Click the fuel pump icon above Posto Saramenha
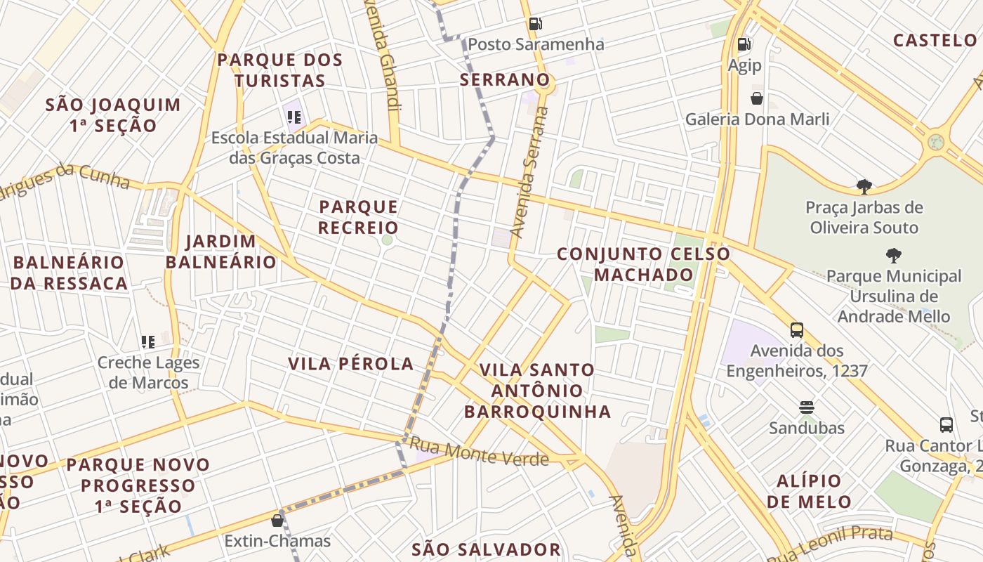click(x=535, y=24)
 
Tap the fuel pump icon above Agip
click(x=744, y=45)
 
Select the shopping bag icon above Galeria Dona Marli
click(x=757, y=98)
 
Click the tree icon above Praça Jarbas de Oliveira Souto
click(x=864, y=187)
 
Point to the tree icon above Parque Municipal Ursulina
click(x=893, y=256)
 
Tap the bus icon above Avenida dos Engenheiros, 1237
click(x=796, y=330)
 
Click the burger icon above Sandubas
click(x=806, y=407)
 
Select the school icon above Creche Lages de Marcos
click(x=148, y=342)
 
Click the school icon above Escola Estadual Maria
click(x=294, y=117)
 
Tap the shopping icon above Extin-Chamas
click(x=277, y=521)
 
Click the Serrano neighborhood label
click(x=504, y=80)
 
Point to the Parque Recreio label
click(x=359, y=217)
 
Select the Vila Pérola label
click(x=351, y=364)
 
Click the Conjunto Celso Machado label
click(x=643, y=264)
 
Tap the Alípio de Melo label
click(x=809, y=491)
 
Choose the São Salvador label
click(x=486, y=549)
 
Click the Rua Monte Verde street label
click(x=478, y=452)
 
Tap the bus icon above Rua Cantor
click(x=946, y=425)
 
